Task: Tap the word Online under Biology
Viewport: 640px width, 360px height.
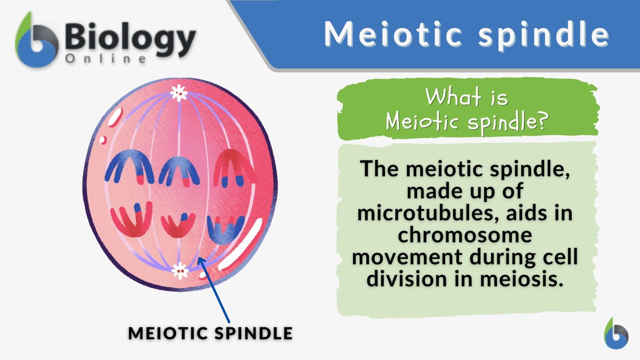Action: pyautogui.click(x=106, y=59)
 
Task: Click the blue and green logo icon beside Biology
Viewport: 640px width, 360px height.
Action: pyautogui.click(x=37, y=42)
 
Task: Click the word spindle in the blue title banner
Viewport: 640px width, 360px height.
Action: pyautogui.click(x=544, y=34)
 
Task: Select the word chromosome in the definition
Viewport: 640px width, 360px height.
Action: pyautogui.click(x=465, y=235)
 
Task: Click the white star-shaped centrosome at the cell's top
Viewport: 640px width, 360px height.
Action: pyautogui.click(x=179, y=93)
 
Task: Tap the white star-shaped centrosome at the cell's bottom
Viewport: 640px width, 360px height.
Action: pyautogui.click(x=180, y=271)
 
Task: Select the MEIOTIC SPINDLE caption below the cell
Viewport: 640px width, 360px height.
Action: pyautogui.click(x=210, y=333)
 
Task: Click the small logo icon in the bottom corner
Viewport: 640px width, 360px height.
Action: pyautogui.click(x=616, y=334)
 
